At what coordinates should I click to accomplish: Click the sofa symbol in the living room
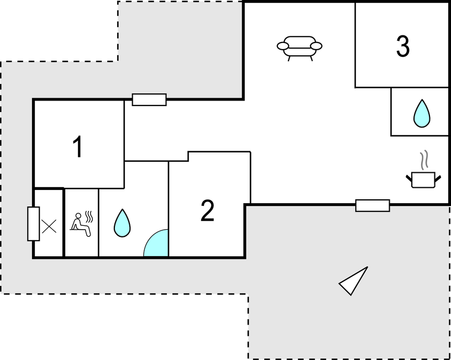[x=300, y=48]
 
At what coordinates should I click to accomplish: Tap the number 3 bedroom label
[x=403, y=46]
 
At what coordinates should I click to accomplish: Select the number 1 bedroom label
[x=77, y=146]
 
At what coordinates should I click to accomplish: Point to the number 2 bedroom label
[x=207, y=210]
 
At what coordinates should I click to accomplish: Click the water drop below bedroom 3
[x=422, y=114]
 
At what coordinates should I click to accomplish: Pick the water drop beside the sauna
[x=122, y=223]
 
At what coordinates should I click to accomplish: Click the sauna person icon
[x=81, y=225]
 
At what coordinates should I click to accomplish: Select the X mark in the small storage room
[x=49, y=226]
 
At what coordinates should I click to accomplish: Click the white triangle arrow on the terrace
[x=355, y=280]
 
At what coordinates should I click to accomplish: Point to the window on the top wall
[x=149, y=100]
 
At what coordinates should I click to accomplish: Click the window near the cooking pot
[x=373, y=205]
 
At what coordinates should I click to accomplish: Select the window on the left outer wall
[x=33, y=224]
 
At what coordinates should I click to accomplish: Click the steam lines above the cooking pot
[x=424, y=160]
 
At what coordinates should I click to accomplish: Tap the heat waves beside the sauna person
[x=89, y=217]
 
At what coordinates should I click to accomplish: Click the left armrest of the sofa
[x=283, y=46]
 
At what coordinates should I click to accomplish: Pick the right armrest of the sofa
[x=316, y=46]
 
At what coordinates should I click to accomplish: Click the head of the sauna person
[x=78, y=216]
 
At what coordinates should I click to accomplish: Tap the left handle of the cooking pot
[x=409, y=178]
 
